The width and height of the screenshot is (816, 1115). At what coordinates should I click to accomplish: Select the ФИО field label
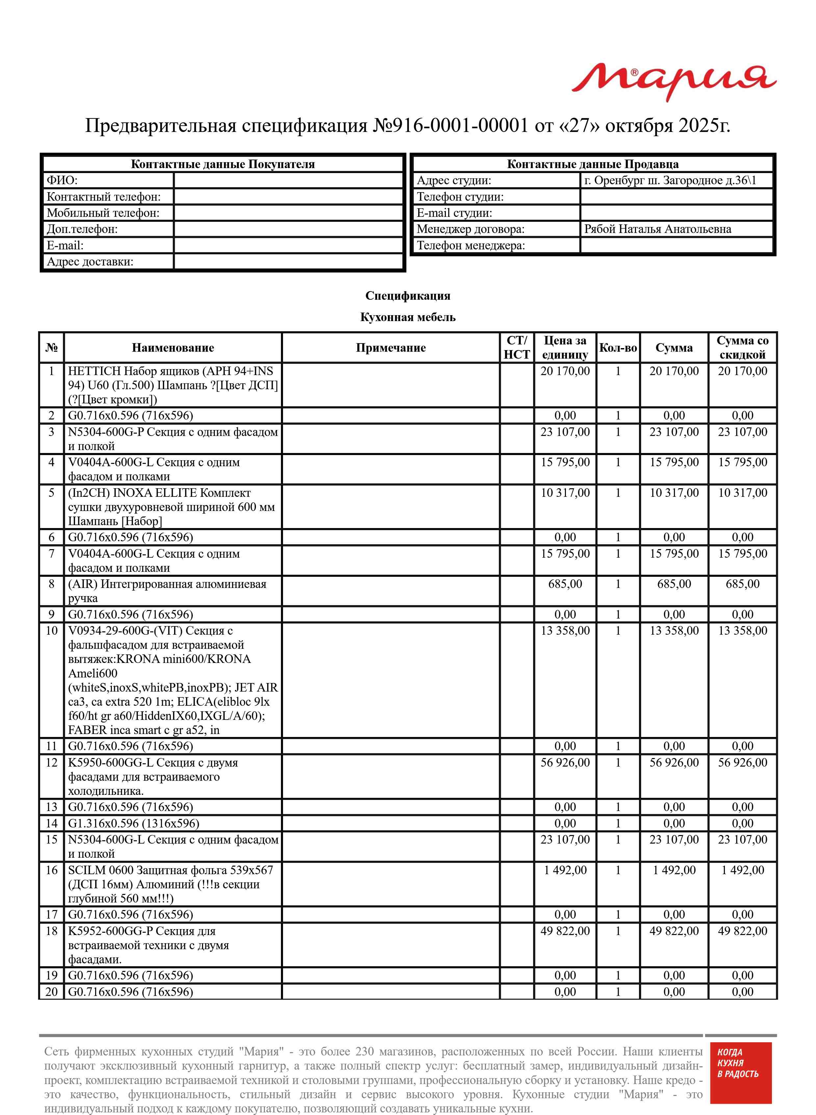pos(62,180)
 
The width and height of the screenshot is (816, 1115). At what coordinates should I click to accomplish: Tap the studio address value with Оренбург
pos(670,180)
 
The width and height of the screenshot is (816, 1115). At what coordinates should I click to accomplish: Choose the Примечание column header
pos(390,348)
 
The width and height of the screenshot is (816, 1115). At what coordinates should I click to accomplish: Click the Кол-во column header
pos(618,348)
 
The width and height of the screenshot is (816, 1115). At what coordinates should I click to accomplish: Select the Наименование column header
pos(173,348)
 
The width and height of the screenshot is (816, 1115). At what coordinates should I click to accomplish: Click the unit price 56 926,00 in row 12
pos(565,763)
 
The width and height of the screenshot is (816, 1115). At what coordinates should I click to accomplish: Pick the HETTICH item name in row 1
pos(173,385)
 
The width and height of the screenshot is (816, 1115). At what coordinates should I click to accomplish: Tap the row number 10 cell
pos(51,631)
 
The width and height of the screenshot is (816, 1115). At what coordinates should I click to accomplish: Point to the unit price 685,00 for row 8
pos(565,584)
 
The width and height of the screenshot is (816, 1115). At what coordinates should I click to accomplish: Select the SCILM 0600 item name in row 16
pos(170,884)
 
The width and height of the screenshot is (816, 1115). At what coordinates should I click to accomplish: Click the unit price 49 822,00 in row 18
pos(565,931)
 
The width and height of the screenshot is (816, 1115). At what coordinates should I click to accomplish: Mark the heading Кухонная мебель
pos(407,317)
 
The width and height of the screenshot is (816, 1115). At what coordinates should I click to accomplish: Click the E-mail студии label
pos(454,213)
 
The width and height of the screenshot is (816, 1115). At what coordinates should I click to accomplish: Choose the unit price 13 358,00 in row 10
pos(565,631)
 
